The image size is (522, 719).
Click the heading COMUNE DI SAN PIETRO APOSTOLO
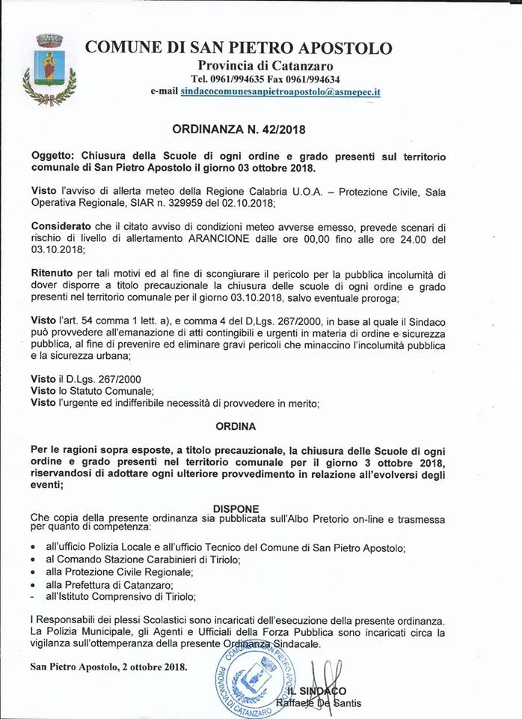tap(239, 48)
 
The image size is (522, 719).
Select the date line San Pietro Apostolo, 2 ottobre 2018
tap(108, 665)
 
